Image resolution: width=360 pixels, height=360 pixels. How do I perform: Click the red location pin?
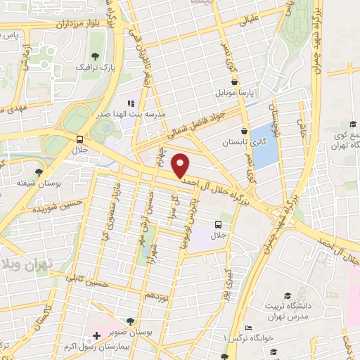(x=181, y=165)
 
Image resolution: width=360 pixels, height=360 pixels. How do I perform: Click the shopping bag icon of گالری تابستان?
(x=245, y=130)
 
